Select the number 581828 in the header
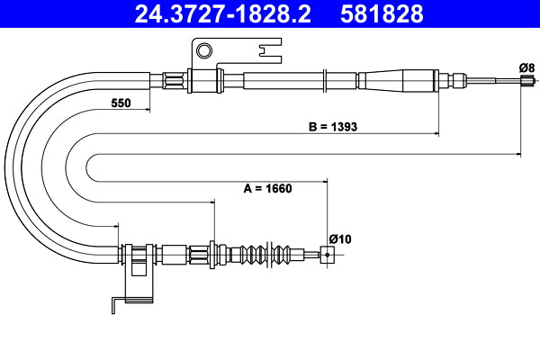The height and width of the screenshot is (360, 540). (381, 13)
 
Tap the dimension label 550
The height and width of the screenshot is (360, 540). (121, 103)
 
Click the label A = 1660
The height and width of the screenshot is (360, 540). (270, 189)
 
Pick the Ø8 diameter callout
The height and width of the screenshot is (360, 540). (526, 68)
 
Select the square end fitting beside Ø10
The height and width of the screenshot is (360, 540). (327, 255)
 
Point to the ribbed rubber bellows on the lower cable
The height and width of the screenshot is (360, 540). (265, 254)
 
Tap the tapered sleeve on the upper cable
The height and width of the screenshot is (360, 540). (396, 79)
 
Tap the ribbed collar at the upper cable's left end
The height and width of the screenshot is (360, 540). (175, 80)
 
